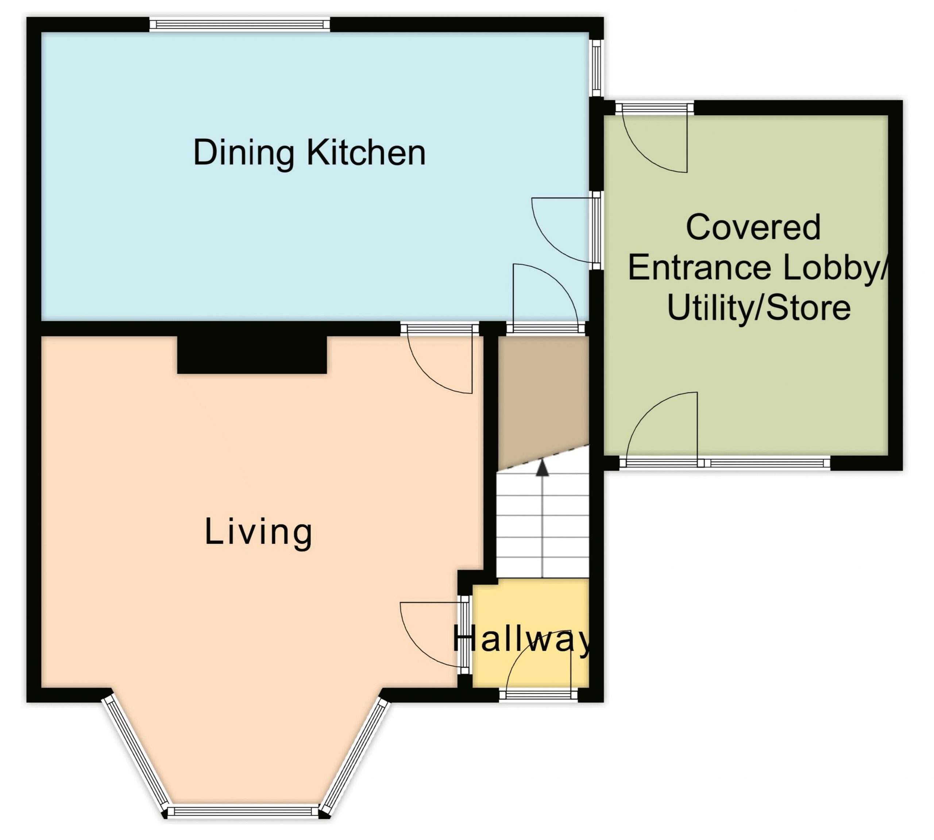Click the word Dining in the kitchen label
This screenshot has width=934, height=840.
coord(244,153)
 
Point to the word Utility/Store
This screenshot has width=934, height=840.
coord(759,308)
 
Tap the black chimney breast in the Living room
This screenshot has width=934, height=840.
coord(252,354)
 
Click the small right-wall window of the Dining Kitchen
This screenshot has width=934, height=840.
coord(596,68)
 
